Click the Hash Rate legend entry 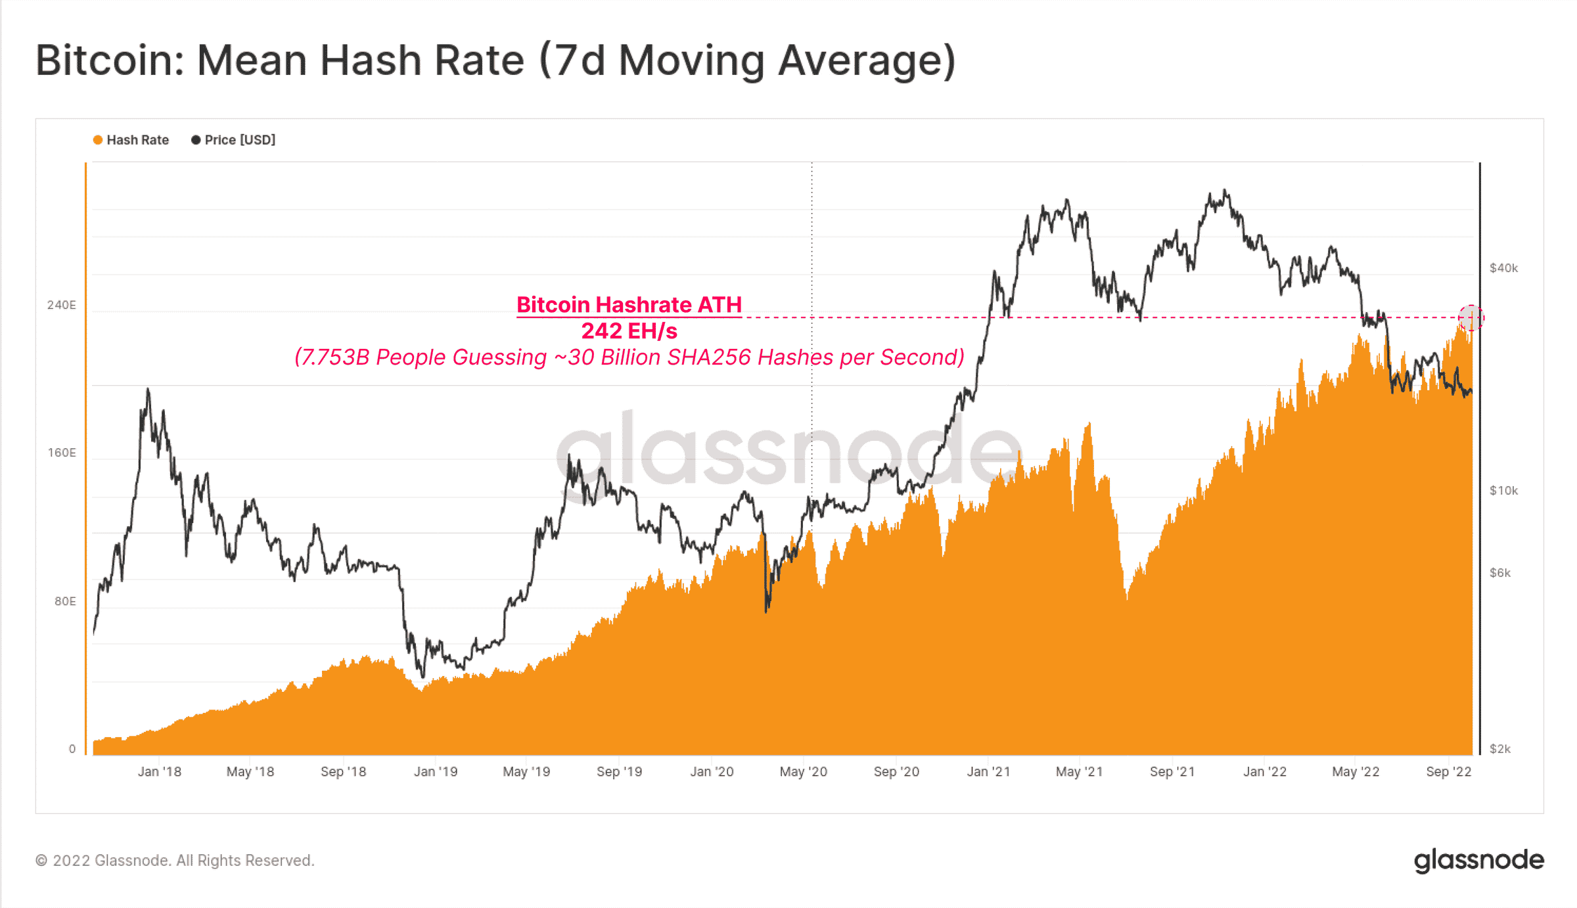click(x=131, y=140)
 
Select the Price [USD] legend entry click(x=233, y=140)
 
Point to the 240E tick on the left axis click(x=61, y=305)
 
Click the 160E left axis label click(x=61, y=453)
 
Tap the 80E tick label click(x=64, y=601)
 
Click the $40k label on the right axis click(x=1503, y=268)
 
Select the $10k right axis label click(x=1503, y=491)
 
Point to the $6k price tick click(x=1500, y=573)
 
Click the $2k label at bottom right click(x=1500, y=749)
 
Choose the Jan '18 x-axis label click(x=159, y=772)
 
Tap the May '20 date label click(x=803, y=772)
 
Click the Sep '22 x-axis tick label click(x=1448, y=772)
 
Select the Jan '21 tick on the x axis click(x=988, y=772)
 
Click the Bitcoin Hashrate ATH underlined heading click(x=629, y=305)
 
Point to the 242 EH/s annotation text click(x=629, y=331)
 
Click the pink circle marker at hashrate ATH click(x=1471, y=318)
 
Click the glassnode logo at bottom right click(x=1478, y=860)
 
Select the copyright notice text click(x=175, y=861)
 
